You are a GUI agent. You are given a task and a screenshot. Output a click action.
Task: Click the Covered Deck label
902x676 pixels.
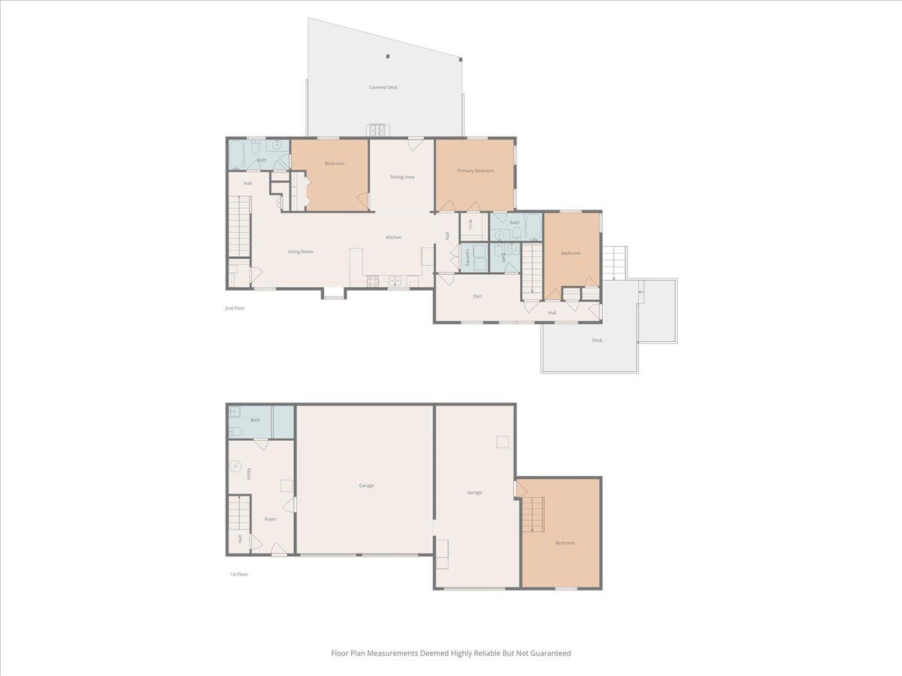(383, 87)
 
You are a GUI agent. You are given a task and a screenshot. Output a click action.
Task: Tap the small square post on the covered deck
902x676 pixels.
(388, 56)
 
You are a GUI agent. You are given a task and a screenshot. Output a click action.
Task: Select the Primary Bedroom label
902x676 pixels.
(476, 171)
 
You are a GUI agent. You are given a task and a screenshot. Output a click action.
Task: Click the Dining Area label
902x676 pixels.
(402, 177)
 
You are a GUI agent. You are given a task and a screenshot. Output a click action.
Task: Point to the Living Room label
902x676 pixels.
(301, 252)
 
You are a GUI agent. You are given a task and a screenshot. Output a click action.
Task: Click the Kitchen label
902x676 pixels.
(393, 237)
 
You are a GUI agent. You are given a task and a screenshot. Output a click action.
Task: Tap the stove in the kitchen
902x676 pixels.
(372, 282)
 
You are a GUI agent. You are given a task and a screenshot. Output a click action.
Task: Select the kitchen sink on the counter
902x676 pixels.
(395, 282)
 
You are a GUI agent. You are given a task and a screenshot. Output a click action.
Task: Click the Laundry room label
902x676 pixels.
(468, 258)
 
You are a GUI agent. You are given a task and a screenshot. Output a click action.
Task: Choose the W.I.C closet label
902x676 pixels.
(468, 225)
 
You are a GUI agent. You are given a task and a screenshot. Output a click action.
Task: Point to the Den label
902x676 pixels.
(477, 296)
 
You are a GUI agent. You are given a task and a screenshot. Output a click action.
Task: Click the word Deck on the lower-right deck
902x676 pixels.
(597, 340)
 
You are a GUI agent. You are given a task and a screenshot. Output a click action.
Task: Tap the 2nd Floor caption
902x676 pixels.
(235, 308)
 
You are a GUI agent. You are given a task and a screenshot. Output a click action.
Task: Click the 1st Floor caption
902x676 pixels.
(238, 574)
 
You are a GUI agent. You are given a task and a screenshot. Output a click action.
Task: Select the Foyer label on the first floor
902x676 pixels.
(270, 519)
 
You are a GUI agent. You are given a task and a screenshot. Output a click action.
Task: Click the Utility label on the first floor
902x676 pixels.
(249, 473)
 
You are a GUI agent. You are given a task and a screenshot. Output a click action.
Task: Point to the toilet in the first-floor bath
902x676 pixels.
(234, 431)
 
